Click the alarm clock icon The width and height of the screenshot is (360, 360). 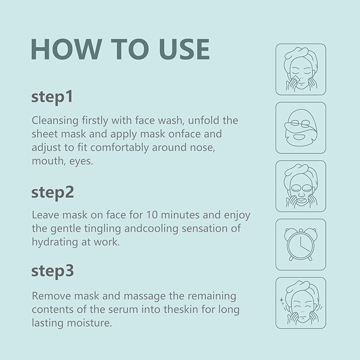tap(301, 244)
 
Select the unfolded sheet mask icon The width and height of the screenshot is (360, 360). tap(300, 127)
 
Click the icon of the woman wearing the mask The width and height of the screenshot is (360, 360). tap(301, 186)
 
